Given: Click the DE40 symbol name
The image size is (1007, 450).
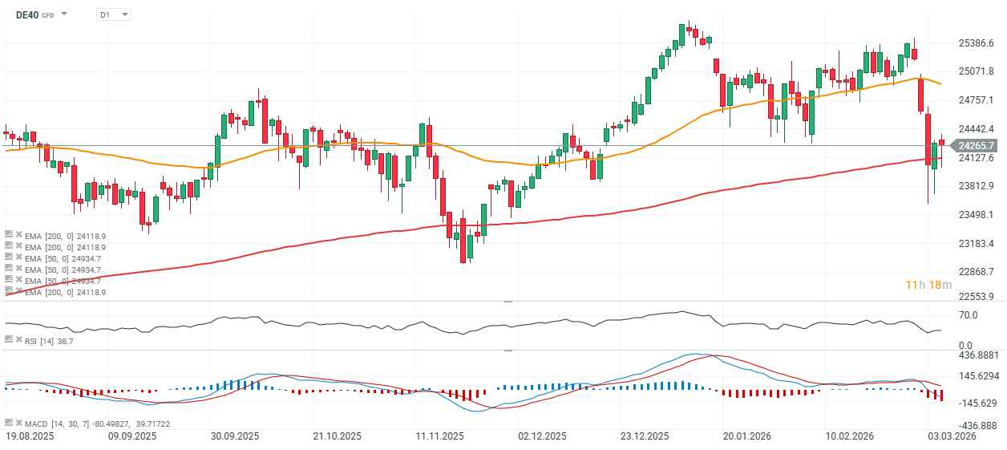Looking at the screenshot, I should tap(27, 14).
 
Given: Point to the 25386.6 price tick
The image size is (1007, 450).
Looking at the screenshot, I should tap(977, 43).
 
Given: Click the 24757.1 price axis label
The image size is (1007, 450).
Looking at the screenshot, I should tap(977, 100).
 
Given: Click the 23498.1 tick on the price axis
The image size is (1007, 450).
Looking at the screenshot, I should tap(977, 215).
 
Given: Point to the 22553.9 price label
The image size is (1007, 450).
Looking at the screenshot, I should tap(977, 296).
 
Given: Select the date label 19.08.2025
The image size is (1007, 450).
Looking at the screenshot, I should tap(29, 436).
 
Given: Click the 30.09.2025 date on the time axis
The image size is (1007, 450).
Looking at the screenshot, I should tap(234, 436).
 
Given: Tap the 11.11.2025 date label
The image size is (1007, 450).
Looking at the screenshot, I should tap(440, 436).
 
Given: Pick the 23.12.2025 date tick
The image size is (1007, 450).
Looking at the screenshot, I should tap(645, 436).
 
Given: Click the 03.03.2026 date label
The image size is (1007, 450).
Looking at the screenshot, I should tap(952, 436).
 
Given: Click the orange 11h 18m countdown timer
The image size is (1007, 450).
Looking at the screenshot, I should tap(928, 286).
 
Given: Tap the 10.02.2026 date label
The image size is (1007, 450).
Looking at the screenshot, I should tap(850, 436).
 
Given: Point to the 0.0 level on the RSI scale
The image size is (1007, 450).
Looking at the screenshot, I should tap(965, 345).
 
